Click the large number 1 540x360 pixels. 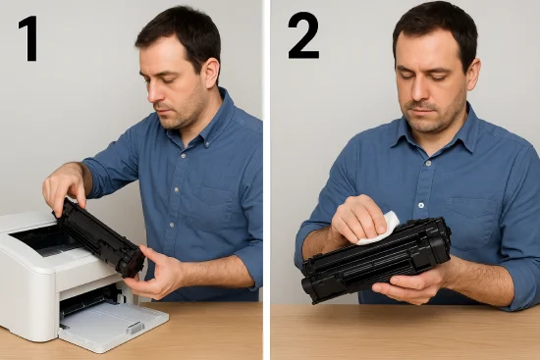(28, 38)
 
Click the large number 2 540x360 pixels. (303, 35)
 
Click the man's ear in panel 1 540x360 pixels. (211, 73)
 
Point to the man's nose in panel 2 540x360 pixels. (417, 90)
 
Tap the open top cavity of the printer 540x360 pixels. (45, 241)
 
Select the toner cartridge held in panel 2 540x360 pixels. (376, 259)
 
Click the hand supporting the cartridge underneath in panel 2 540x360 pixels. (409, 283)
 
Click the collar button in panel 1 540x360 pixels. (207, 144)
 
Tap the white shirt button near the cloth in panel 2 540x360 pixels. (421, 205)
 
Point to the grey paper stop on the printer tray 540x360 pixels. (135, 328)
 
